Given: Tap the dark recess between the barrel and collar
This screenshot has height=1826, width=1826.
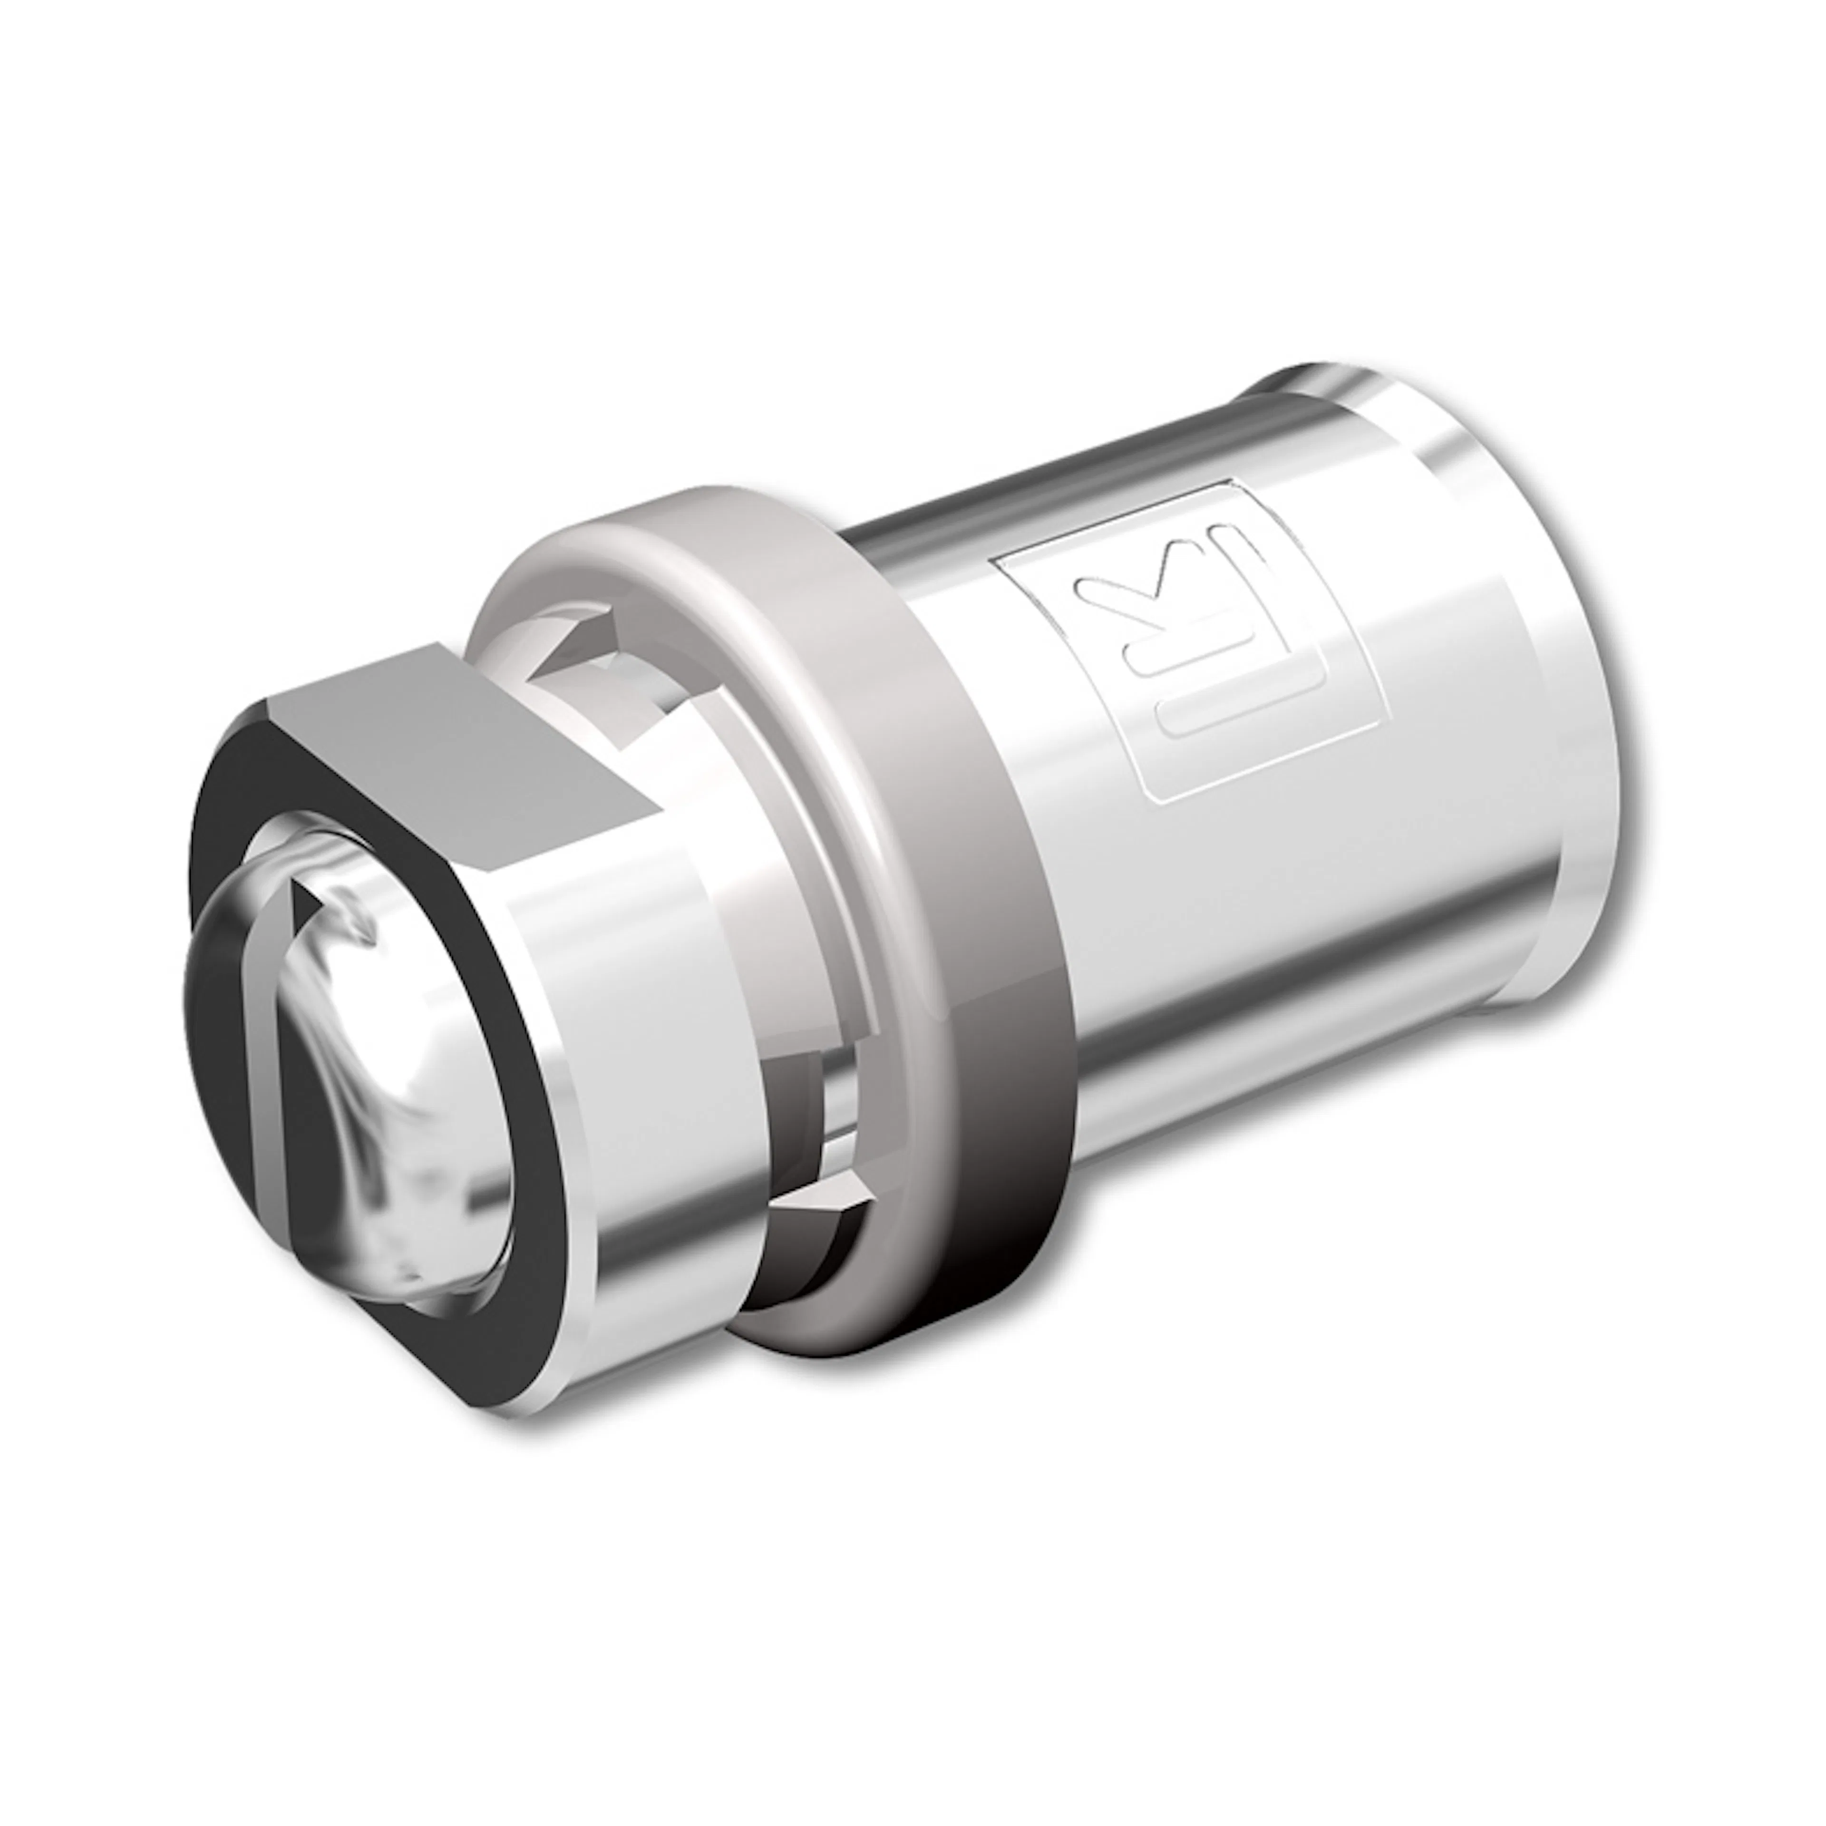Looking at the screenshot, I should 803,1087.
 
